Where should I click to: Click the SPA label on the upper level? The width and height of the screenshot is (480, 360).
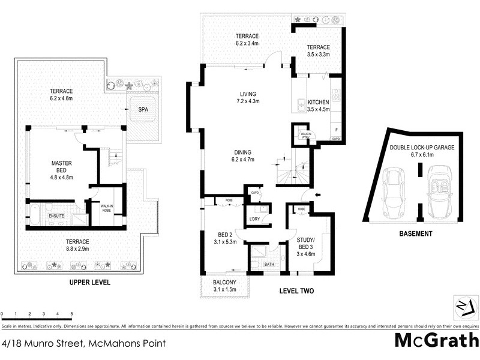click(143, 110)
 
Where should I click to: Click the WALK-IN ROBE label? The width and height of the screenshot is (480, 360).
click(107, 208)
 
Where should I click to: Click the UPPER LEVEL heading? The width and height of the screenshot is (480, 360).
click(89, 282)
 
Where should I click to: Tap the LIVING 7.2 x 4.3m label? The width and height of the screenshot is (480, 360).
click(248, 98)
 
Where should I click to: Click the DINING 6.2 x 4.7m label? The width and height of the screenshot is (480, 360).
click(243, 155)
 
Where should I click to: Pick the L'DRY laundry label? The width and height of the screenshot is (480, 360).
click(254, 219)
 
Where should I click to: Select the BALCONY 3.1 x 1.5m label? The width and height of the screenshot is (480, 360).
click(225, 286)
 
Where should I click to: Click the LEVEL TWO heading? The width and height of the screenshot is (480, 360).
click(298, 291)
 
